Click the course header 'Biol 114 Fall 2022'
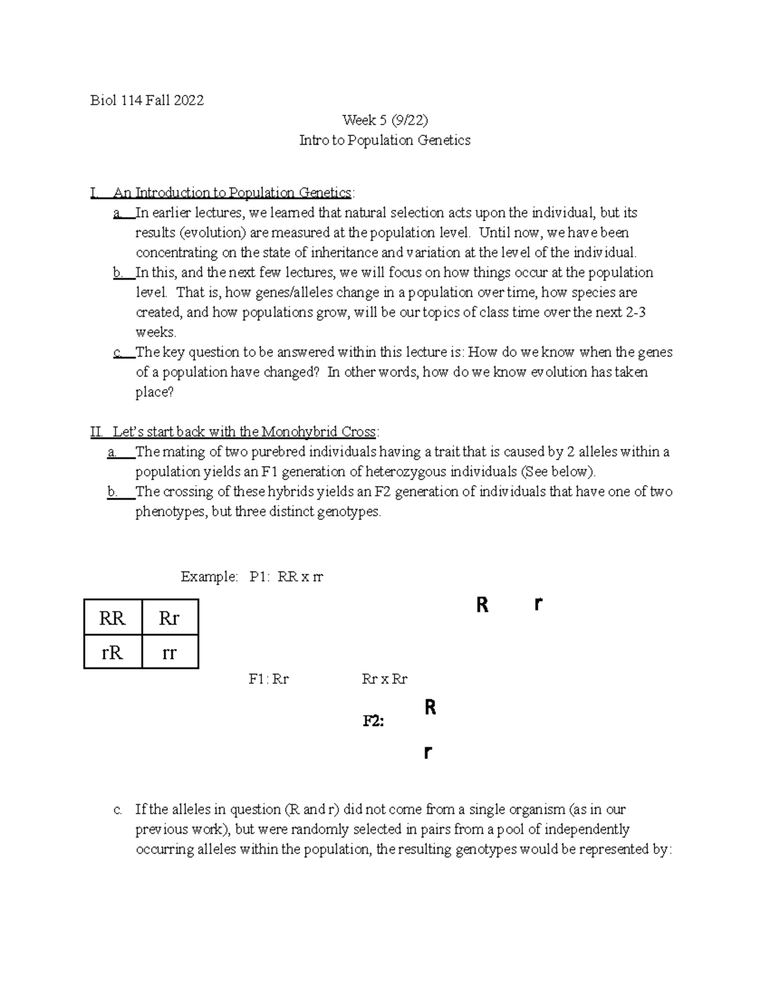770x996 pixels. coord(147,100)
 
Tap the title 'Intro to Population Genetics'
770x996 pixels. coord(384,140)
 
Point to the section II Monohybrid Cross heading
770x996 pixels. coord(235,432)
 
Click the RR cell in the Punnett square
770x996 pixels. coord(112,618)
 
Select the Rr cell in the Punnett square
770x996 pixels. coord(169,618)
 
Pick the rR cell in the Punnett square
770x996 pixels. coord(112,652)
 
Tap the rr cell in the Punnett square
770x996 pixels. coord(169,652)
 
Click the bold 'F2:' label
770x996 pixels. coord(373,721)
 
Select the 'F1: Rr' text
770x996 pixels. coord(268,679)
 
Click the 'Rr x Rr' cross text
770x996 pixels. coord(384,679)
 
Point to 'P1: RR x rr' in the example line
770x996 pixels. coord(286,577)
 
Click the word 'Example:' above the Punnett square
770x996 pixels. coord(209,577)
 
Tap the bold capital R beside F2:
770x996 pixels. coord(431,707)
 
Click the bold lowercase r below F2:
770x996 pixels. coord(428,752)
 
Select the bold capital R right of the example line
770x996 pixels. coord(483,605)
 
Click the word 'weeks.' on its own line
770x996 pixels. coord(155,332)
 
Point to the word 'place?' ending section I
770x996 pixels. coord(154,392)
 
